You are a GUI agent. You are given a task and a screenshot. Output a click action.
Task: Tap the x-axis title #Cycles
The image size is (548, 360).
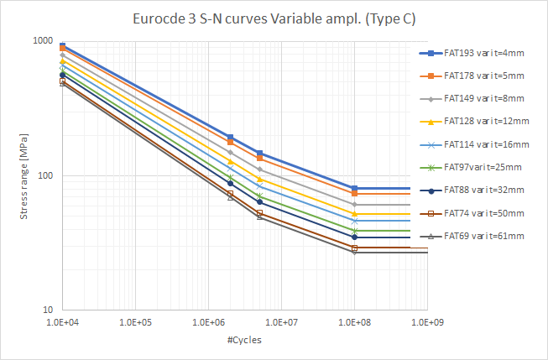244,340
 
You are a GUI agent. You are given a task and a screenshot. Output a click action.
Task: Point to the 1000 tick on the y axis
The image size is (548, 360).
43,41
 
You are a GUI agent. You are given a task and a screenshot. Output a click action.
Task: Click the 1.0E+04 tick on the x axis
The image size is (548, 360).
62,321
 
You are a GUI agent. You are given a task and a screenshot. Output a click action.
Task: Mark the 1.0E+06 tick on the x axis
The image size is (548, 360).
208,321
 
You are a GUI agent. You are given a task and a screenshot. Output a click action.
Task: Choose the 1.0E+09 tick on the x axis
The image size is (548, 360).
427,321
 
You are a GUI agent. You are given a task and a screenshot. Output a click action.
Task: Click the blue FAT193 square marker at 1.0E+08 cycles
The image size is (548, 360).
354,188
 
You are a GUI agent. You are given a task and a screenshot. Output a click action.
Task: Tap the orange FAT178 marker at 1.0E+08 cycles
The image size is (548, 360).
354,194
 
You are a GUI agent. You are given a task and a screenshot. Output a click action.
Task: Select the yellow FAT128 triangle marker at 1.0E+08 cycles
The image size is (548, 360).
354,214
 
